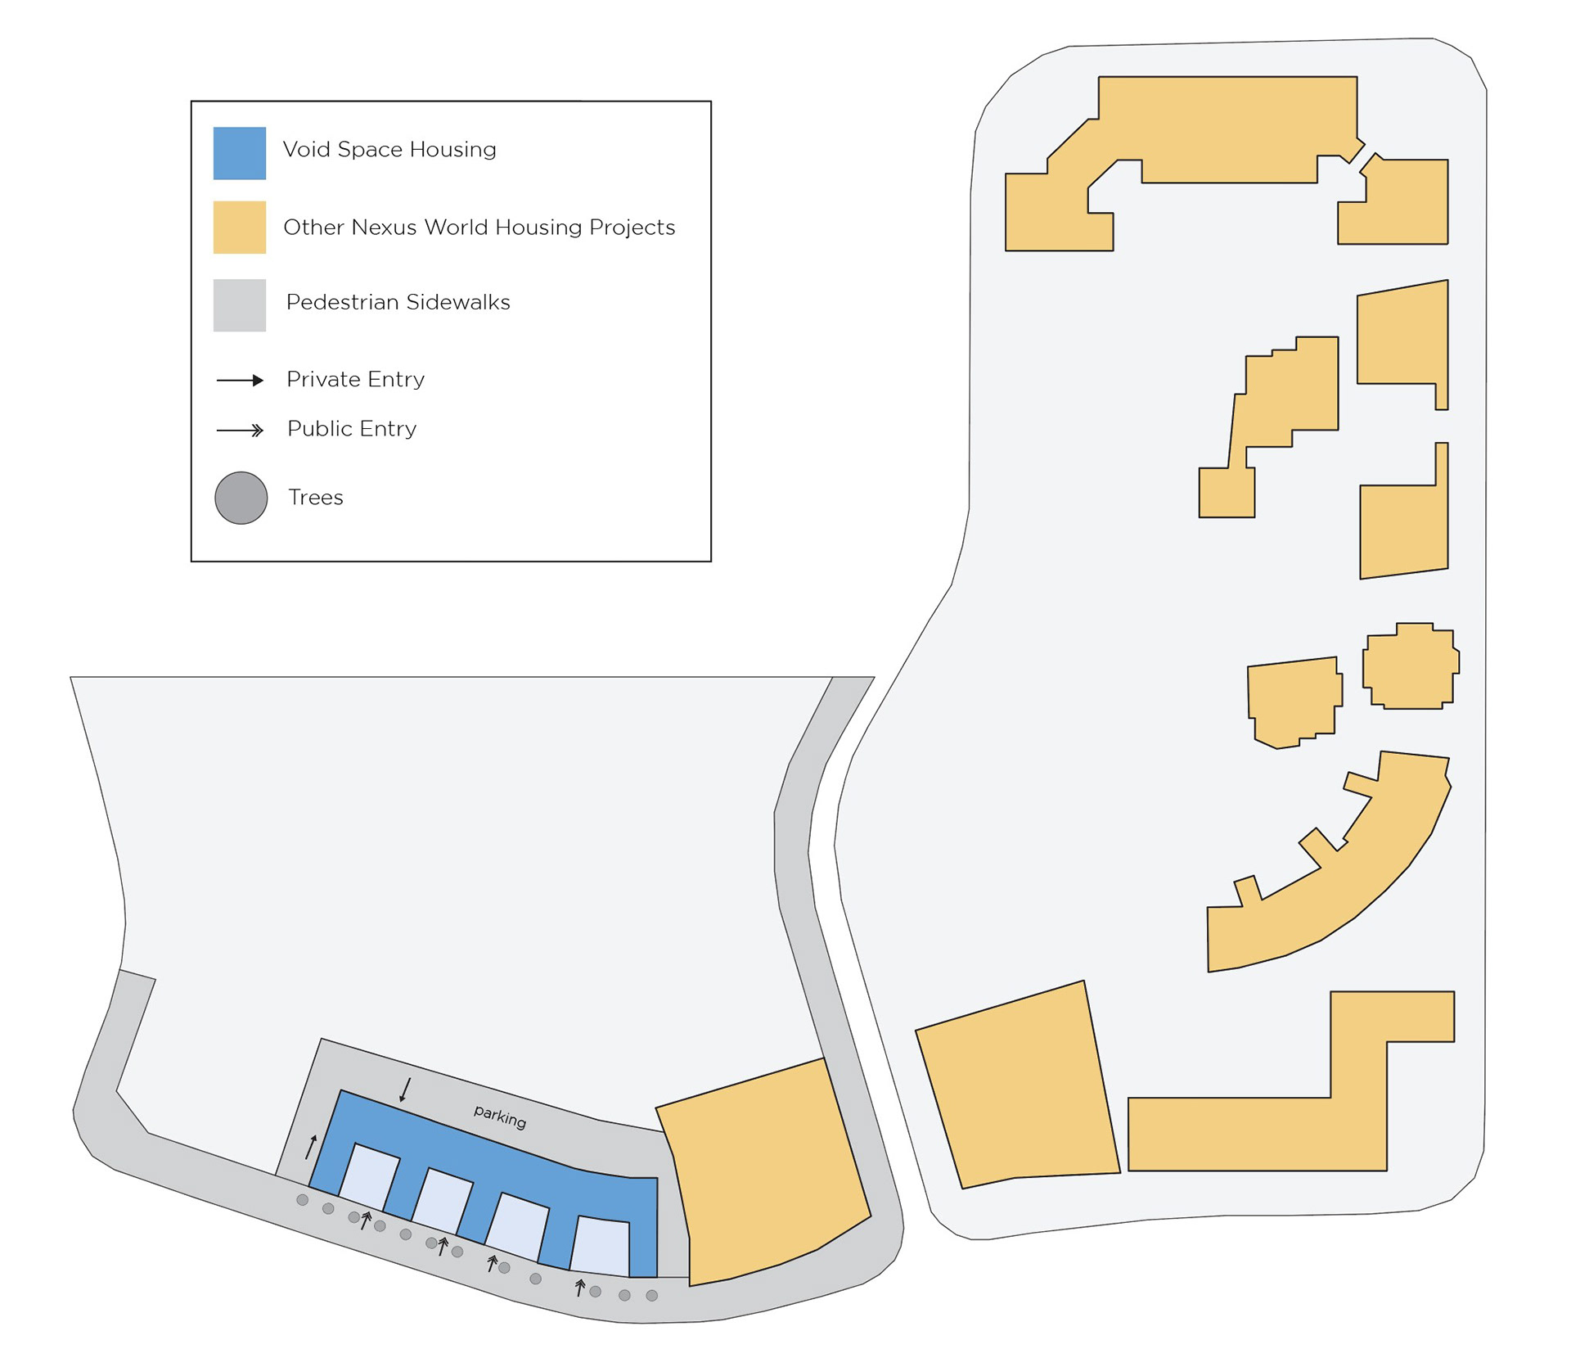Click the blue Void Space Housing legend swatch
(239, 153)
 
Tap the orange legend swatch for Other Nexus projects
(239, 227)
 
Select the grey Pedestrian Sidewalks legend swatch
(239, 305)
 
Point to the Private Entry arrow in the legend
(240, 380)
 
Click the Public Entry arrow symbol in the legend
(240, 430)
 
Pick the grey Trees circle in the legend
(241, 498)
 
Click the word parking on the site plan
(500, 1116)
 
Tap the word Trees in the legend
(315, 498)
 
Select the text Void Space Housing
(389, 150)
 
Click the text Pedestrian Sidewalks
(398, 302)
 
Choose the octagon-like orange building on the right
(1410, 666)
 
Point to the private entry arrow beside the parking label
(405, 1090)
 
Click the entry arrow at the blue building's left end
(311, 1147)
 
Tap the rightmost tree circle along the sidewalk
(652, 1295)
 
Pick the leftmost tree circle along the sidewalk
(302, 1200)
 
